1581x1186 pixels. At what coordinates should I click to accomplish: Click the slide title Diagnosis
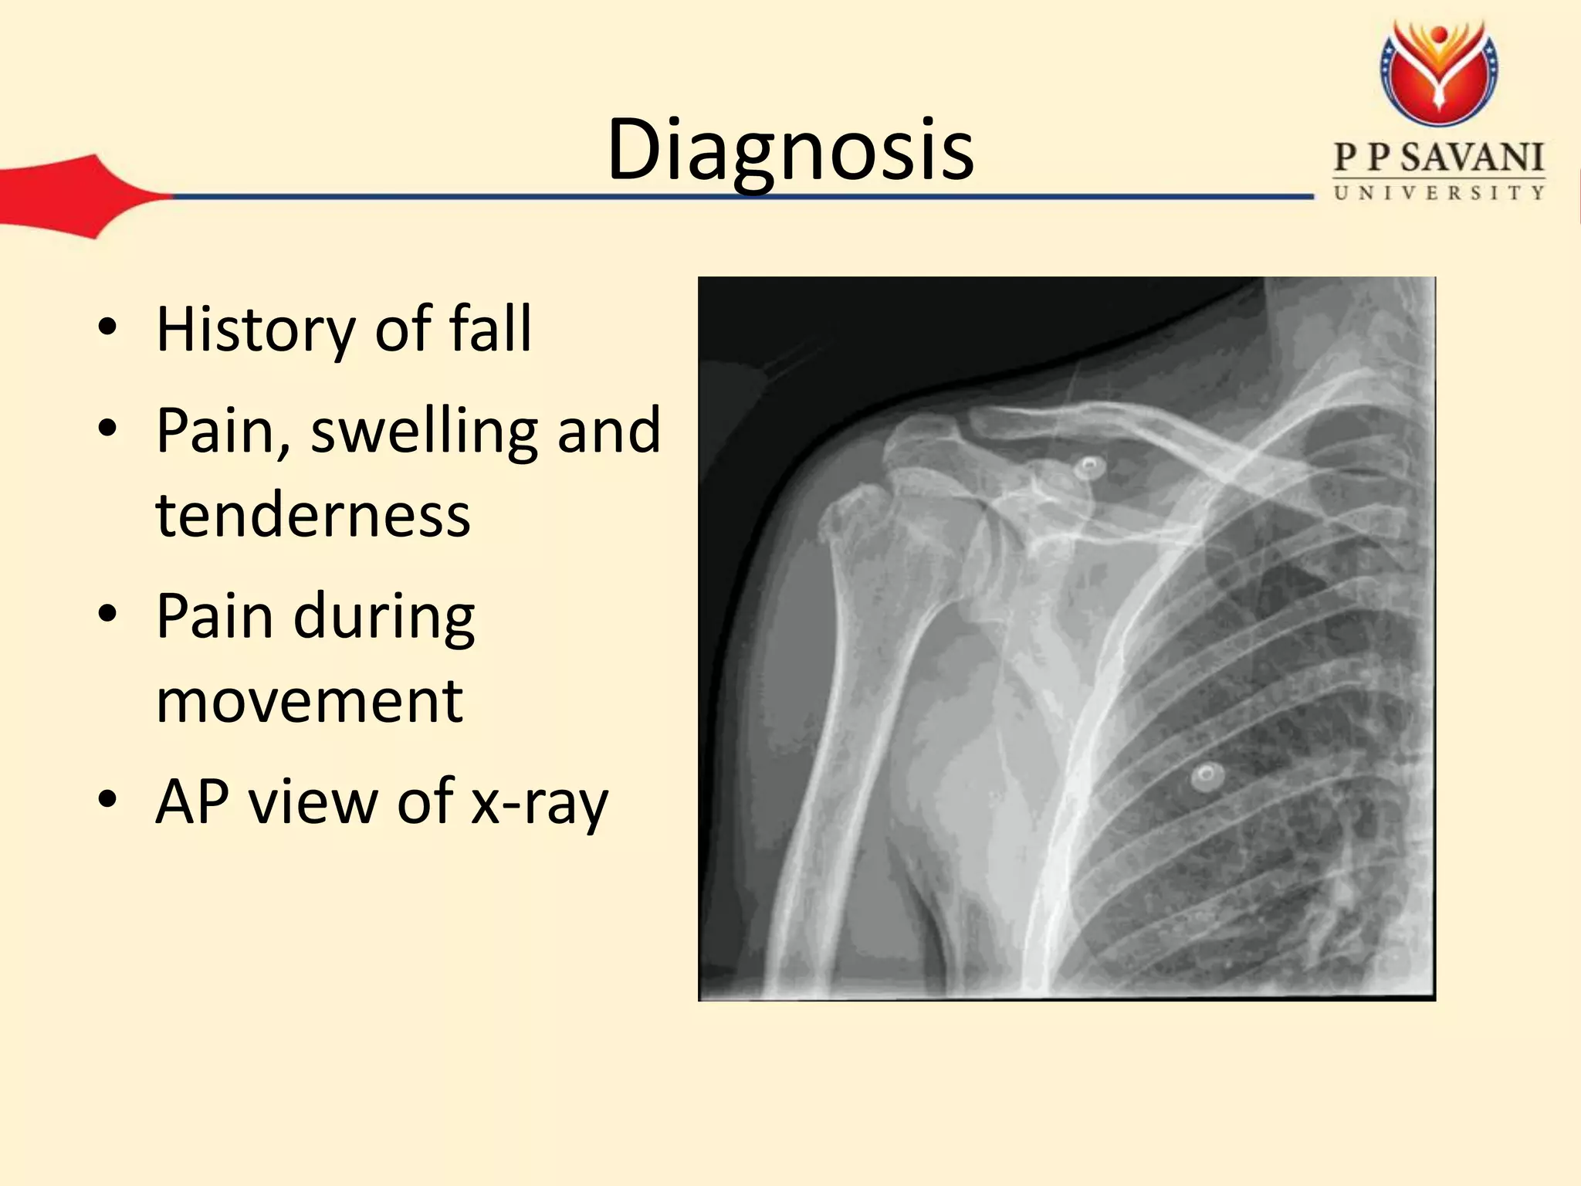click(790, 151)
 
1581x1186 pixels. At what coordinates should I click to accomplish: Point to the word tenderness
click(313, 515)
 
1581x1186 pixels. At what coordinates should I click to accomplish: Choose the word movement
click(309, 700)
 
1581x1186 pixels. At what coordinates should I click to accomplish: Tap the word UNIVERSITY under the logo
click(1439, 193)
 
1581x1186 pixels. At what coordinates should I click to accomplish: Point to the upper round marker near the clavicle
click(1090, 466)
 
